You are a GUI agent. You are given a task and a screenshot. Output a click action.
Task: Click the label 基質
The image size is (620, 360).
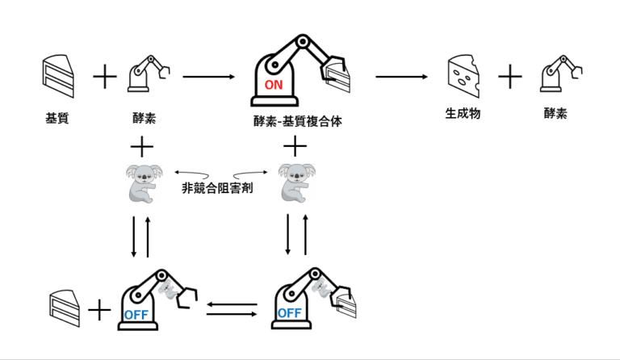coord(57,118)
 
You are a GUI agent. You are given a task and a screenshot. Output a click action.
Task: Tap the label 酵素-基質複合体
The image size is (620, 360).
coord(298,121)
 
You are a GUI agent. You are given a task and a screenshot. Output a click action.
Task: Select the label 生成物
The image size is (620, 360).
coord(463,114)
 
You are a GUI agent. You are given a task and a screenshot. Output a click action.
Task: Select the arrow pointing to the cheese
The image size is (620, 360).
coord(401,77)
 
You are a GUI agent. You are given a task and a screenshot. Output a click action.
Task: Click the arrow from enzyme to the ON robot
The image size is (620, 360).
coord(208,77)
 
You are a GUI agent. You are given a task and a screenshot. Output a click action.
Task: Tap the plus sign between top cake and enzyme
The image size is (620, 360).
coord(105,77)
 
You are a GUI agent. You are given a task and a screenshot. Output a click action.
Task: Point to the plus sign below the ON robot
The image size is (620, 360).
coord(296,145)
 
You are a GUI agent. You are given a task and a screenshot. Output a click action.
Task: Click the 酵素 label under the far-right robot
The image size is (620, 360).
coord(555,114)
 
